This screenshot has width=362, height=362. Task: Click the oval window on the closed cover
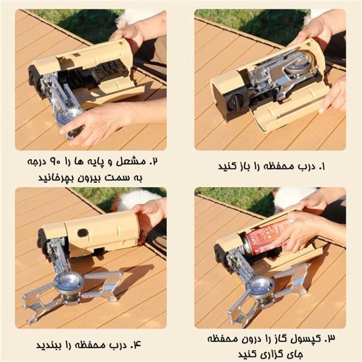pyautogui.click(x=83, y=233)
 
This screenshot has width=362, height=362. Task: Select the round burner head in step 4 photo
pyautogui.click(x=70, y=282)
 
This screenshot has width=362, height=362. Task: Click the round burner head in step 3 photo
pyautogui.click(x=260, y=286)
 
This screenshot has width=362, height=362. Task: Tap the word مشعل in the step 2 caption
pyautogui.click(x=129, y=162)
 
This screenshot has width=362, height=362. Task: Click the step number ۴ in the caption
pyautogui.click(x=136, y=345)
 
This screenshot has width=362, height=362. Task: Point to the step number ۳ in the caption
pyautogui.click(x=331, y=339)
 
